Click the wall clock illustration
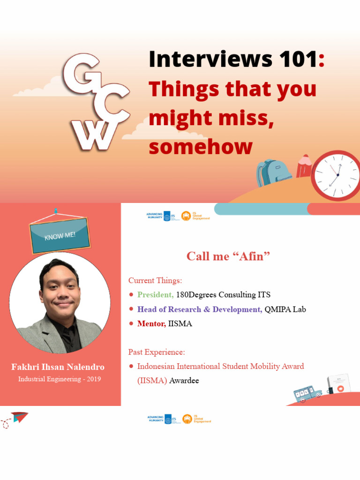pos(337,175)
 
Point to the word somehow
pos(201,147)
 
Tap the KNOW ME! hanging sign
pos(60,235)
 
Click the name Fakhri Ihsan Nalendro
pos(58,367)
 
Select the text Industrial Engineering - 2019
pos(60,379)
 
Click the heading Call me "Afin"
pos(228,256)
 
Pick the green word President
pos(155,295)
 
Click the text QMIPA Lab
pos(285,309)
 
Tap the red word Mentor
pos(151,324)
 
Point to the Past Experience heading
pos(157,352)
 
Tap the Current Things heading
pos(155,281)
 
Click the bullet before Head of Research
pos(131,309)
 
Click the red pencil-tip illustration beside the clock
pos(304,166)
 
